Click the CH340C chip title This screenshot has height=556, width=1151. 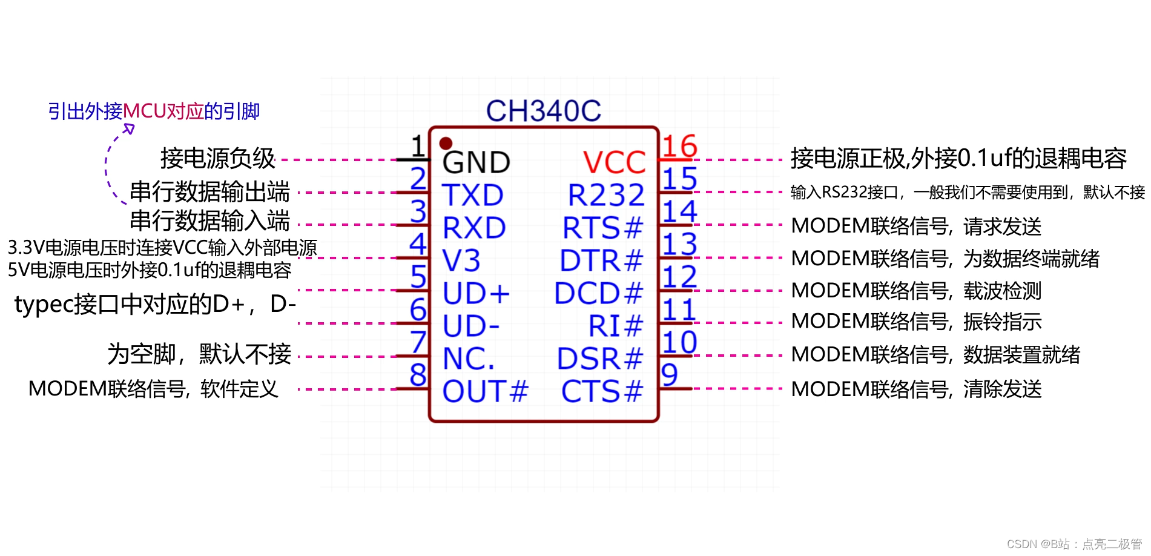click(x=543, y=111)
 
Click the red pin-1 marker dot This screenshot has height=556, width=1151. click(x=446, y=144)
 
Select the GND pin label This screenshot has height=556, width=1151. click(x=476, y=162)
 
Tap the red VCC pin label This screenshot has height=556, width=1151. click(x=614, y=162)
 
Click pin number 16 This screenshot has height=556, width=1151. click(x=679, y=146)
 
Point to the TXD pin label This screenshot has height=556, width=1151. click(x=472, y=195)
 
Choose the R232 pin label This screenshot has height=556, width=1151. click(x=606, y=195)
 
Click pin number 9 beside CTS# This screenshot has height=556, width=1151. click(x=669, y=374)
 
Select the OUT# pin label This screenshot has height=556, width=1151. click(x=485, y=391)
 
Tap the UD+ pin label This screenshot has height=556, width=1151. click(x=476, y=293)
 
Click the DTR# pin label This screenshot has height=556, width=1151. click(x=601, y=260)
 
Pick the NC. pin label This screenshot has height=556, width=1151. click(x=469, y=359)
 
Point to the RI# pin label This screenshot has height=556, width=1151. click(x=615, y=326)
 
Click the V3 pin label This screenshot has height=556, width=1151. click(x=461, y=260)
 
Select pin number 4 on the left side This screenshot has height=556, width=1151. click(x=418, y=244)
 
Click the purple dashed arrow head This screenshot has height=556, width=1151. click(x=129, y=128)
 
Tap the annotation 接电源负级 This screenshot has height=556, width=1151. click(x=218, y=158)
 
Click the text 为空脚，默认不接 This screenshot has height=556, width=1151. click(x=199, y=354)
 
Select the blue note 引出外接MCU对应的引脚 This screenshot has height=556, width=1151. click(x=154, y=111)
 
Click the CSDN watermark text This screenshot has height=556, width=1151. click(x=1073, y=544)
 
